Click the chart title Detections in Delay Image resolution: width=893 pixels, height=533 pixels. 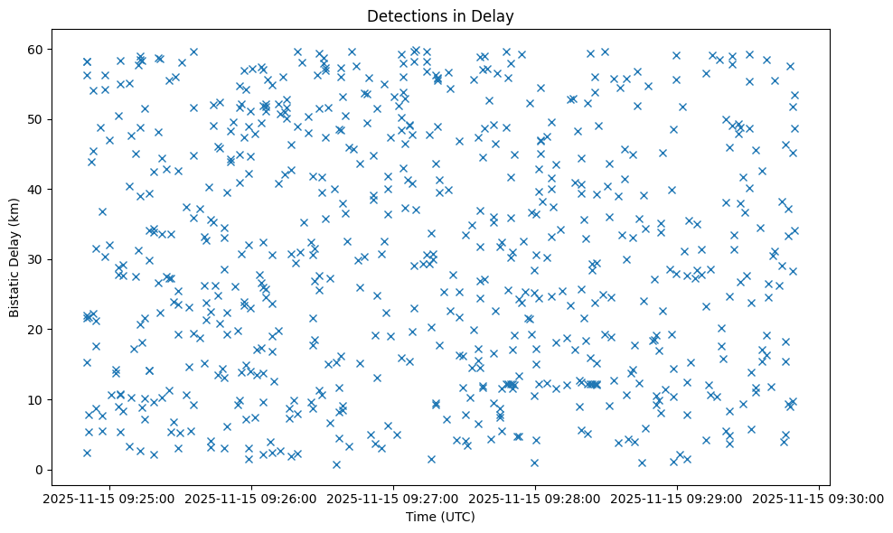pos(440,15)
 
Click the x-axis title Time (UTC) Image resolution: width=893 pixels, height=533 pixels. pos(440,518)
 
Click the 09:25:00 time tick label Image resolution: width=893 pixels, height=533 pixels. pos(109,498)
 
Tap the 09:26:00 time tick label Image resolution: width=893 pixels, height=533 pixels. pos(251,498)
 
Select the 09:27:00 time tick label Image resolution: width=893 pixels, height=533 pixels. pos(393,498)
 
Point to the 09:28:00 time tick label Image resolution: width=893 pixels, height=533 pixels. pos(535,498)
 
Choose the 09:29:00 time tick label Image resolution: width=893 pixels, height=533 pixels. pos(677,498)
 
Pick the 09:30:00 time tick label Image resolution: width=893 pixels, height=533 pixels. pos(819,498)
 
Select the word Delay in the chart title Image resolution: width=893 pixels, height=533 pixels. pos(496,15)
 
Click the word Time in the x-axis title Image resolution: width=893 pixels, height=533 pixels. pos(420,518)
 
